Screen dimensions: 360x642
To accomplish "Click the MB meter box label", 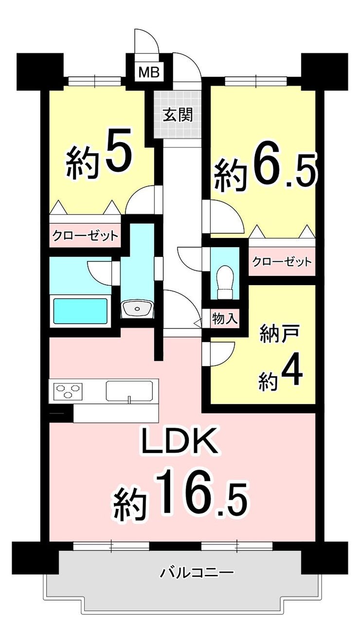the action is (x=149, y=72).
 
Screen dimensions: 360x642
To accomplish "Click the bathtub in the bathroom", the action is (x=80, y=311).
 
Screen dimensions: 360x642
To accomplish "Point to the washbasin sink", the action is (x=137, y=309).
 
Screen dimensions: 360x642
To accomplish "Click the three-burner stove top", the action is (x=68, y=390).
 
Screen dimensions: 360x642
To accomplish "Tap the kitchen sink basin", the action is (x=129, y=391).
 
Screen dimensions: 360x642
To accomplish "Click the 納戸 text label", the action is (x=280, y=333).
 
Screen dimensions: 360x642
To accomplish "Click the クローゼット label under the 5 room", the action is (x=85, y=236).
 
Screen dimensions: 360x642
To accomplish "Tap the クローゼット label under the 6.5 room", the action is (x=282, y=261).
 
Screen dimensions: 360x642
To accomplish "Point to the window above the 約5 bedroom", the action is (x=95, y=81).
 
